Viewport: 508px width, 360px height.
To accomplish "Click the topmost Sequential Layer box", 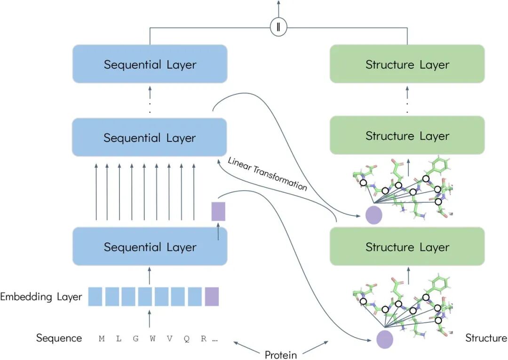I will (x=150, y=64).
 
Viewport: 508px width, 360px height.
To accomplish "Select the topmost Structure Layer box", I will (x=407, y=64).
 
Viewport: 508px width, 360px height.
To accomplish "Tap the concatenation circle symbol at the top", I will (x=278, y=27).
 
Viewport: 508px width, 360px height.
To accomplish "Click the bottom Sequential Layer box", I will (x=150, y=247).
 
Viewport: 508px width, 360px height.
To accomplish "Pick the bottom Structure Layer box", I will (x=407, y=247).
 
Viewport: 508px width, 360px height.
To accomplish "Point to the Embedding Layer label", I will (x=41, y=297).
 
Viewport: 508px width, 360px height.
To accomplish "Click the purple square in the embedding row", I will (x=212, y=297).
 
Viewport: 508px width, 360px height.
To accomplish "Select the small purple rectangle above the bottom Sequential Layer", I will (x=219, y=211).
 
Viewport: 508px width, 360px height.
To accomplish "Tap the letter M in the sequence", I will (x=102, y=338).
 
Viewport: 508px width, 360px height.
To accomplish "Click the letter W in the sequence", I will (x=152, y=338).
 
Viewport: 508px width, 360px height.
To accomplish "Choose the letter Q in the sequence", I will (x=187, y=338).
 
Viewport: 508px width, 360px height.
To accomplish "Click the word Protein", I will (x=281, y=354).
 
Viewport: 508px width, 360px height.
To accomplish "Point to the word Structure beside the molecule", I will (x=486, y=338).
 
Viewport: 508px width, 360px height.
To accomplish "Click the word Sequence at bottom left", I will (x=59, y=338).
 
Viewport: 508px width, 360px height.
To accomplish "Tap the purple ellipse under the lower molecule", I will (x=385, y=339).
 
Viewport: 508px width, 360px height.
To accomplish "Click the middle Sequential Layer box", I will (x=150, y=138).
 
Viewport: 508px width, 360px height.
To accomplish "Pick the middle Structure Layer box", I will (x=407, y=135).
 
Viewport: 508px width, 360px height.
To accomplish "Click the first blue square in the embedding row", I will (x=95, y=297).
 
